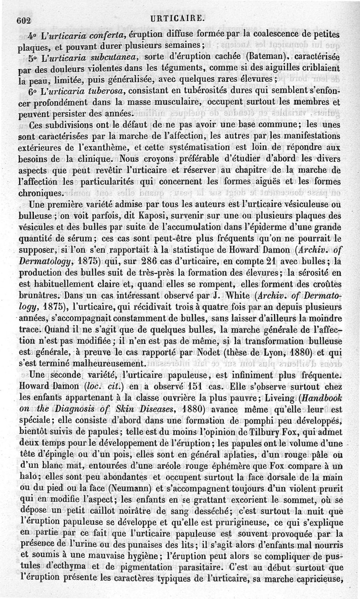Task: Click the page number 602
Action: pos(22,19)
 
